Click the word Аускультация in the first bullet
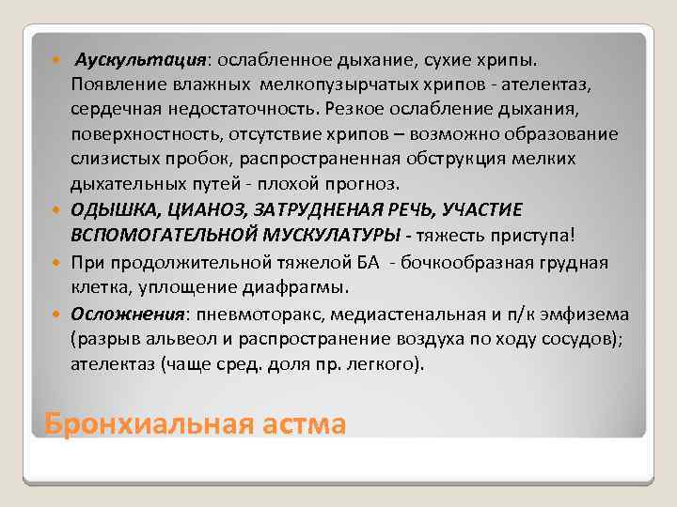tap(131, 60)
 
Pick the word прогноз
tap(339, 182)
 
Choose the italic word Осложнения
tap(121, 314)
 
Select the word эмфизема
tap(590, 314)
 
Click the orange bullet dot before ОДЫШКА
tap(59, 208)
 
